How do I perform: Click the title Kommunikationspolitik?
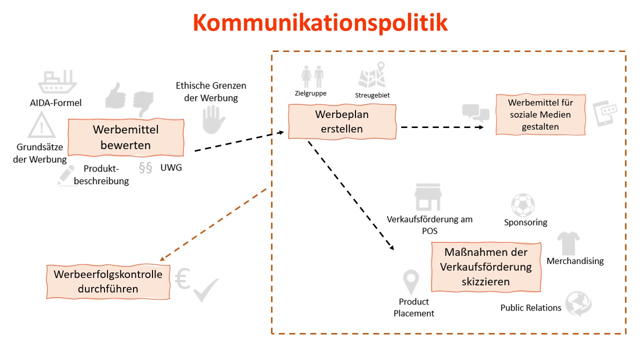click(x=320, y=22)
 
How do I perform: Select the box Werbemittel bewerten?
click(x=125, y=137)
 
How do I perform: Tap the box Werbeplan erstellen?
click(x=342, y=121)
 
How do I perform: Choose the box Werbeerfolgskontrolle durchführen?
click(x=108, y=281)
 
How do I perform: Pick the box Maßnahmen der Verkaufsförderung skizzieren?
click(x=485, y=267)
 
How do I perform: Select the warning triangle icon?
click(x=41, y=125)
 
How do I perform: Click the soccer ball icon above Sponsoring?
click(x=522, y=205)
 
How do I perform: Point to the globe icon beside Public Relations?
click(x=578, y=304)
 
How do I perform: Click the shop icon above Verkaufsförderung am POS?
click(x=428, y=197)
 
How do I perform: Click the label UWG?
click(x=171, y=167)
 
